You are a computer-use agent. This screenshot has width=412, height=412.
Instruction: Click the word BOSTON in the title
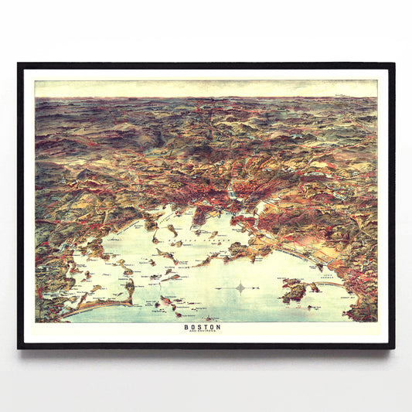click(202, 326)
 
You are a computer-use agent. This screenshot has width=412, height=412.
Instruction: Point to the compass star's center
click(240, 288)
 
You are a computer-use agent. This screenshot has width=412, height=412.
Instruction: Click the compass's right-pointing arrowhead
click(266, 288)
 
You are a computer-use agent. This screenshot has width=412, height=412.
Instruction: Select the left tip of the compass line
click(216, 288)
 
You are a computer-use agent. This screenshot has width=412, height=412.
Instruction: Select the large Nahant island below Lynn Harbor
click(294, 291)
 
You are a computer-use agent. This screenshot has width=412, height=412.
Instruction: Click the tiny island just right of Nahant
click(315, 288)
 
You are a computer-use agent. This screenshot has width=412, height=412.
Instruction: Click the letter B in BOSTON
click(186, 326)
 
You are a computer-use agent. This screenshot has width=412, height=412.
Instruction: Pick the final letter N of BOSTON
click(218, 326)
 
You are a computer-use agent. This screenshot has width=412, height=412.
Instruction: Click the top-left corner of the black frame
click(19, 64)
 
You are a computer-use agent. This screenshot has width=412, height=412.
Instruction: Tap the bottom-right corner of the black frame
click(393, 348)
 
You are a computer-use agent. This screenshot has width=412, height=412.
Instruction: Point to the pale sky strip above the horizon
click(206, 88)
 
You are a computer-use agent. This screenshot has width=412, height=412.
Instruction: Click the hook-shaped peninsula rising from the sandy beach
click(129, 291)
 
